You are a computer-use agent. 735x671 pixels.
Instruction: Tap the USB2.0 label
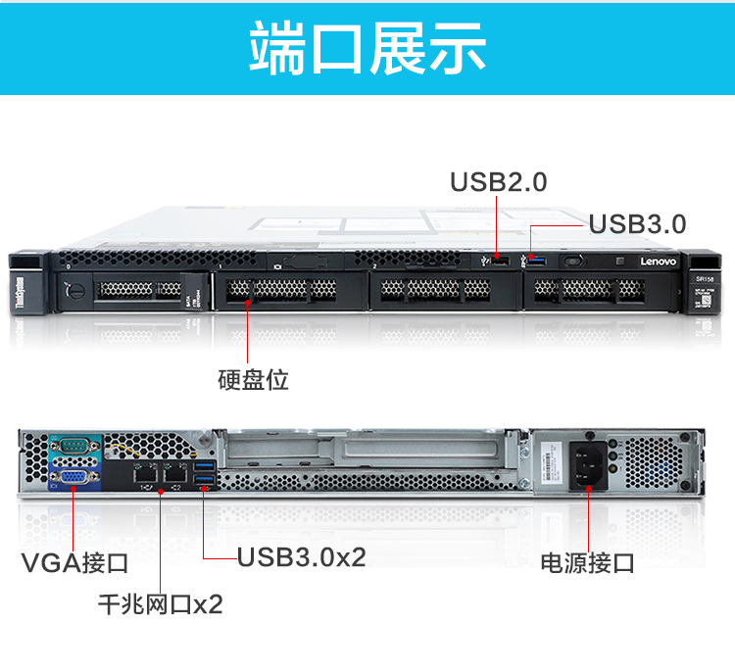pos(498,182)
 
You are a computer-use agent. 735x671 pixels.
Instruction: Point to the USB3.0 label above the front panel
pos(637,224)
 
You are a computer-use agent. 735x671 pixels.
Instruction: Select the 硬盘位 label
pos(253,379)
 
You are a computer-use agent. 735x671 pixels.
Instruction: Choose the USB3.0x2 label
pos(302,557)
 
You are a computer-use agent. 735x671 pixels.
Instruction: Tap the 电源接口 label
pos(588,563)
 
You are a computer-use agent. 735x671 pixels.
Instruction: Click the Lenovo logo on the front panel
pos(660,263)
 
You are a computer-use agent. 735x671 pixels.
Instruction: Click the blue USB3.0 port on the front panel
pos(533,262)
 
